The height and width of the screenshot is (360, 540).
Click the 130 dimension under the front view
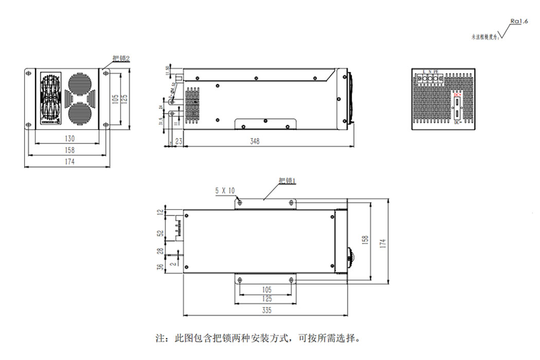[x=70, y=138]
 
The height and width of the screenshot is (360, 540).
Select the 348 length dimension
[x=254, y=141]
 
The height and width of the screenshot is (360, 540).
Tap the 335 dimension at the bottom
[x=266, y=310]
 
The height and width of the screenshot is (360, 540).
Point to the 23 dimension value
[x=178, y=141]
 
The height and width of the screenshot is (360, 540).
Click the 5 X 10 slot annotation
[x=225, y=191]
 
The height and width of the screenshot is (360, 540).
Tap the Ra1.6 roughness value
[x=519, y=21]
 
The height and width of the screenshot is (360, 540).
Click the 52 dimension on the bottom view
[x=160, y=233]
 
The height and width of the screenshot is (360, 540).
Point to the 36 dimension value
[x=160, y=267]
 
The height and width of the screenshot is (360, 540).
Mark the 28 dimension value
[x=160, y=251]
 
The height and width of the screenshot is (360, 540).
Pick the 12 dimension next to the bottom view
[x=160, y=211]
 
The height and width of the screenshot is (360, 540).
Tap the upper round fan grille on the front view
[x=79, y=83]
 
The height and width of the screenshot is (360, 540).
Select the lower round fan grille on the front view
[x=79, y=112]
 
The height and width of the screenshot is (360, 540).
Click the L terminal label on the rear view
[x=424, y=71]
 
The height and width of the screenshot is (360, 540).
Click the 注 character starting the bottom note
[x=160, y=339]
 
